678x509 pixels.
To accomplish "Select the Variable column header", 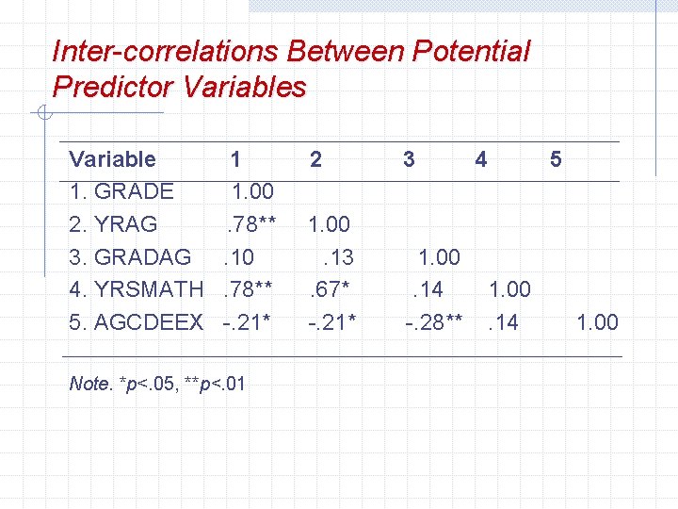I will [113, 159].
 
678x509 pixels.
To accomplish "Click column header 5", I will [556, 159].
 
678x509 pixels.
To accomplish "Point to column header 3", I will [408, 159].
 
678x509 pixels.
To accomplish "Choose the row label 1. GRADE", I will [121, 191].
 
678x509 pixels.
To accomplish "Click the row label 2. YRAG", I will [114, 224].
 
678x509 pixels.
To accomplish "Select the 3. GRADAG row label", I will [130, 256].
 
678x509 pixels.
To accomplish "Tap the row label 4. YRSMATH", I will [137, 289].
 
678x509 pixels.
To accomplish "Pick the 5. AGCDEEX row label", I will [137, 322].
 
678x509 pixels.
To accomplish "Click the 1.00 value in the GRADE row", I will [252, 191].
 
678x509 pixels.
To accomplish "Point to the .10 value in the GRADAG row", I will [238, 256].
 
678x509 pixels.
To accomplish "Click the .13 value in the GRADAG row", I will [336, 256].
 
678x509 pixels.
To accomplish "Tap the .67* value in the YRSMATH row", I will [331, 289].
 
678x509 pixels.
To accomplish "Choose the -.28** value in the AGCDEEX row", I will [433, 322].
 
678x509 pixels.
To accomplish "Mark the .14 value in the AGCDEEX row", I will [504, 322].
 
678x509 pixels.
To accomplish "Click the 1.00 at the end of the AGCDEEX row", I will [597, 322].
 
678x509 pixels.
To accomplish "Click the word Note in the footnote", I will [89, 384].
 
